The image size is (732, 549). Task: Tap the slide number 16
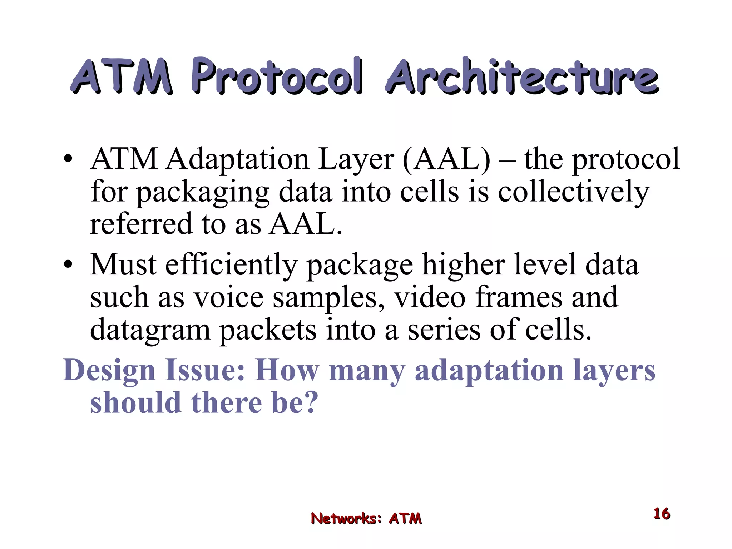[x=662, y=514]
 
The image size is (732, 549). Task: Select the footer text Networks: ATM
[x=366, y=518]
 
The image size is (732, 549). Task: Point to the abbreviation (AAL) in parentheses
[x=446, y=159]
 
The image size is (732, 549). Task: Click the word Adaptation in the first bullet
[x=237, y=159]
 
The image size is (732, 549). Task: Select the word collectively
[x=573, y=192]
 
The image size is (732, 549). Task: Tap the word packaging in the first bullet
[x=203, y=193]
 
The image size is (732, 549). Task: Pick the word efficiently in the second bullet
[x=231, y=265]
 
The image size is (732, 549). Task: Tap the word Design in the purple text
[x=109, y=371]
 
